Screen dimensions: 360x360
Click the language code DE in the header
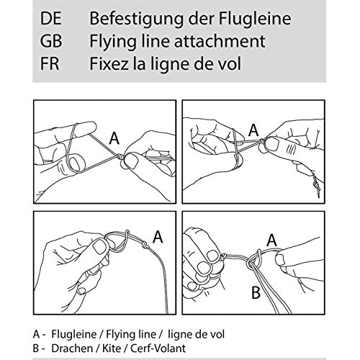click(x=51, y=19)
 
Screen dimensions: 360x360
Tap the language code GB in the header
click(x=51, y=41)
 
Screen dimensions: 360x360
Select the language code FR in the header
click(x=50, y=63)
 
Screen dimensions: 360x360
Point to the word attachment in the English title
click(x=220, y=41)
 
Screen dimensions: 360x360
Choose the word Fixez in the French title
click(x=109, y=63)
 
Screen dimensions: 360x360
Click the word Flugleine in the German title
click(x=255, y=19)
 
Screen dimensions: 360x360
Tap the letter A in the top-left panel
click(x=114, y=139)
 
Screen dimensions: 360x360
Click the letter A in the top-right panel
click(x=253, y=130)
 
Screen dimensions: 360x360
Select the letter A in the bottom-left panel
click(x=158, y=237)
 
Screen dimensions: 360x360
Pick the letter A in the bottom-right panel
click(x=271, y=240)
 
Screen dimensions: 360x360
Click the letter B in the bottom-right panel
click(x=256, y=292)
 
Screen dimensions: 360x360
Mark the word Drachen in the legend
click(x=72, y=348)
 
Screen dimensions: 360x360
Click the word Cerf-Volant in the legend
click(x=158, y=348)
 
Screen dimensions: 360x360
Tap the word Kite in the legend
click(x=112, y=348)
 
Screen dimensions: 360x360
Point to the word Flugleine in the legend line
click(x=74, y=334)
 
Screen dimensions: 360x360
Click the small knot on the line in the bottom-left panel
click(x=145, y=245)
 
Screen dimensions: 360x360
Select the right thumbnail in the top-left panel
click(x=131, y=161)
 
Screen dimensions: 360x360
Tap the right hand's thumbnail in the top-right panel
click(x=273, y=144)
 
